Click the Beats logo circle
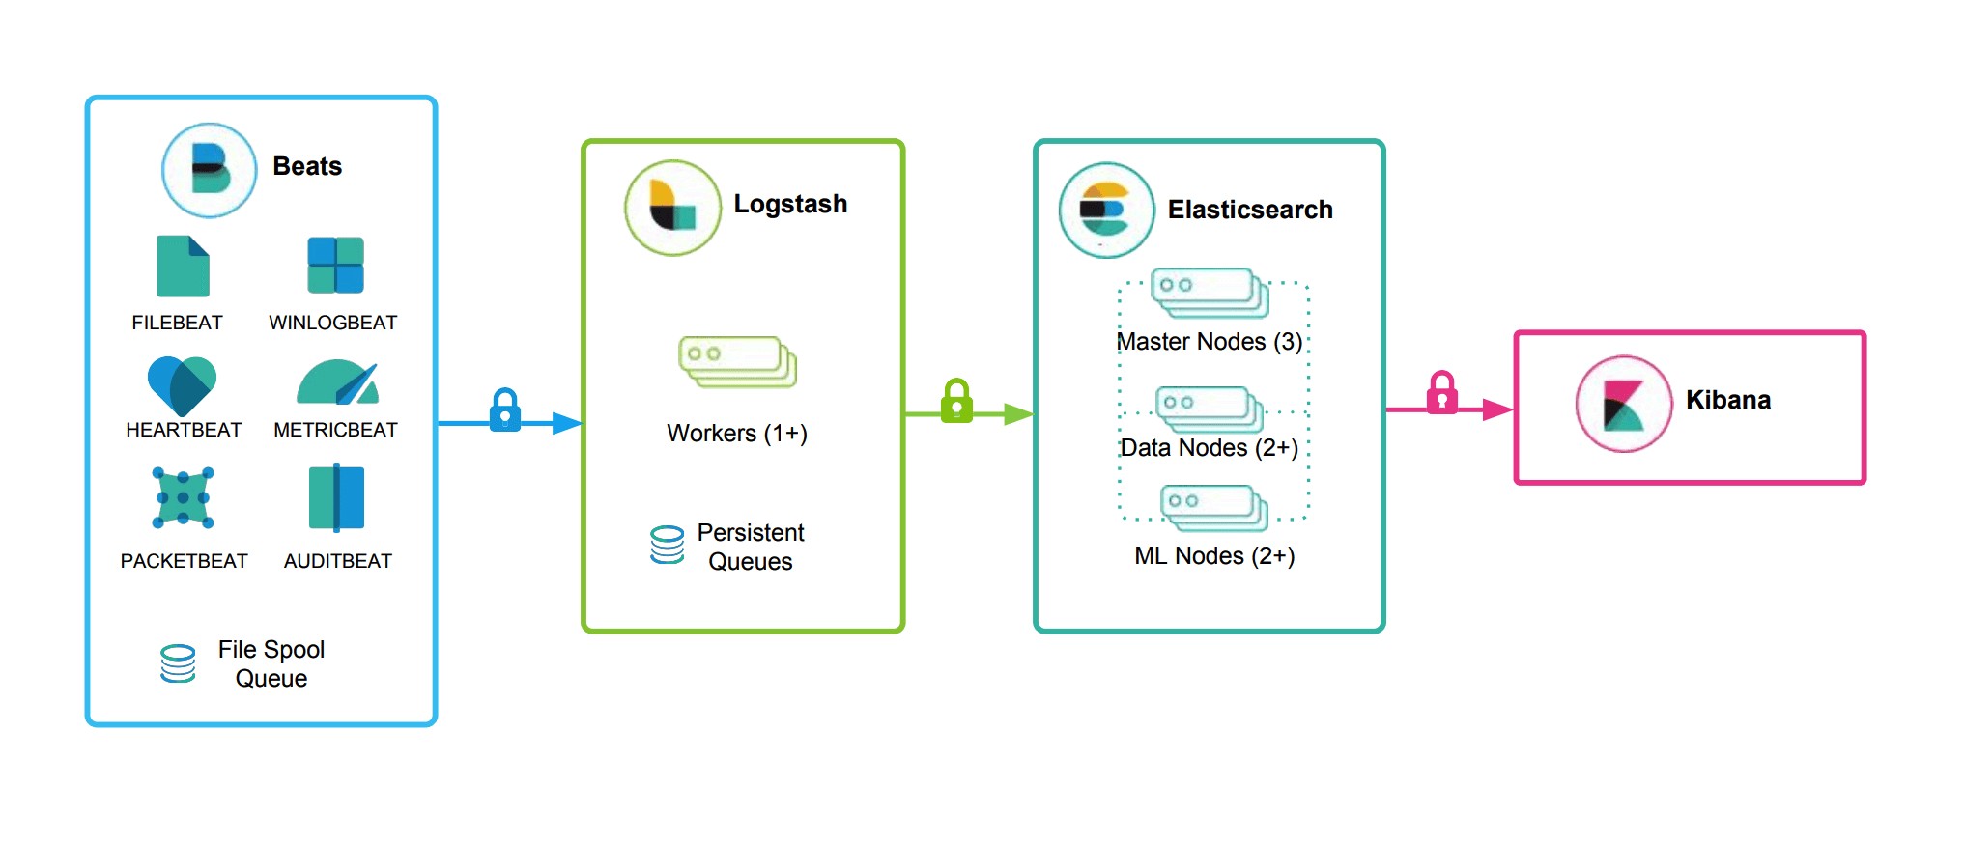pos(209,170)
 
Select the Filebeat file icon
pos(183,266)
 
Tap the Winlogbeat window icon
pos(335,265)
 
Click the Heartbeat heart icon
pos(182,385)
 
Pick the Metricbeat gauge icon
pos(337,382)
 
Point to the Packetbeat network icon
pos(183,497)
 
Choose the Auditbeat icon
pos(336,497)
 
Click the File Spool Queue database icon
pos(178,663)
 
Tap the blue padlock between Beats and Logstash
pos(505,410)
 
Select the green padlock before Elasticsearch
pos(956,401)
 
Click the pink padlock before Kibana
pos(1441,393)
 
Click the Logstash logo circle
pos(672,208)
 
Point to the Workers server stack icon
pos(738,362)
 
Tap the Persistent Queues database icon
pos(667,545)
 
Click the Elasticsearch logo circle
pos(1106,210)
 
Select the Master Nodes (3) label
pos(1209,342)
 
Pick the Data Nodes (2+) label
pos(1209,448)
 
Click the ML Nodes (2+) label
pos(1214,556)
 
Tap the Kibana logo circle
pos(1623,404)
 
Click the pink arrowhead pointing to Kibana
pos(1497,409)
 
